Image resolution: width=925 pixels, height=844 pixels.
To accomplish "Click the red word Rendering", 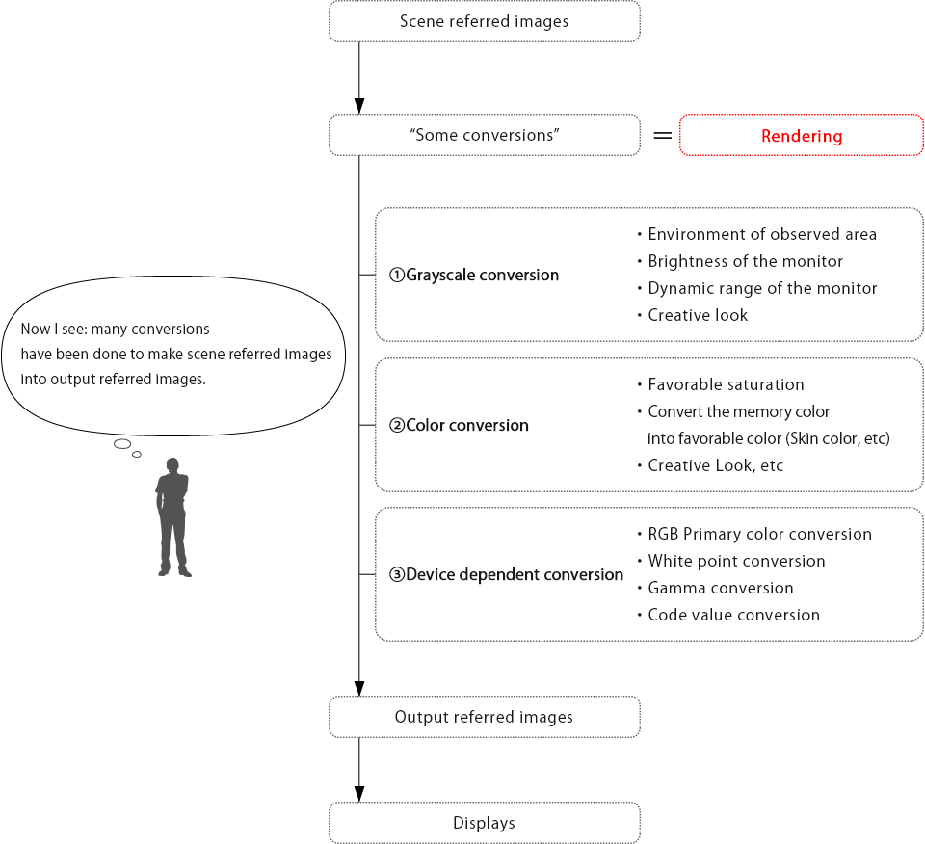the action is (801, 136).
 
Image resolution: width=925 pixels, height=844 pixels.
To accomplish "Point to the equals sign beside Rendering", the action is (663, 136).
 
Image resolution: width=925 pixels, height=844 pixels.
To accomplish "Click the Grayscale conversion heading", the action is (474, 275).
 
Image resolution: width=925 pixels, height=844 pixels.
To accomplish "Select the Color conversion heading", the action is (459, 425).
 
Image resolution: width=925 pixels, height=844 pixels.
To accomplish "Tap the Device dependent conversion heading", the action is (506, 574).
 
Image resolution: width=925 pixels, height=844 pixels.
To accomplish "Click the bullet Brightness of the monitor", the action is (740, 261).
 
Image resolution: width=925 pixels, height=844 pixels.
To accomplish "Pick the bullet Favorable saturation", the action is (721, 384).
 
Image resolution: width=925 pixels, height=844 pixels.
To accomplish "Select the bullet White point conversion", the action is (731, 561).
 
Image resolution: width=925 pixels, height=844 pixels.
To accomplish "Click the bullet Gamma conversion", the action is (716, 588).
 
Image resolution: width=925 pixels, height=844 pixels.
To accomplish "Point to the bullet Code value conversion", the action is (728, 615).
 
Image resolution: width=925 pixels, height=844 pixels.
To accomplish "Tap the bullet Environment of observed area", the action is (757, 234).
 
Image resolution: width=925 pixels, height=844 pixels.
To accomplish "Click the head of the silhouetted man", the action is (172, 465).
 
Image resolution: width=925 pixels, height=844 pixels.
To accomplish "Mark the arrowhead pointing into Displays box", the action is (358, 794).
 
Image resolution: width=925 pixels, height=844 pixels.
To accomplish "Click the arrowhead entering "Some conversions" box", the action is (358, 106).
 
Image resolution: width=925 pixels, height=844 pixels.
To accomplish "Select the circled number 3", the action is (397, 574).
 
